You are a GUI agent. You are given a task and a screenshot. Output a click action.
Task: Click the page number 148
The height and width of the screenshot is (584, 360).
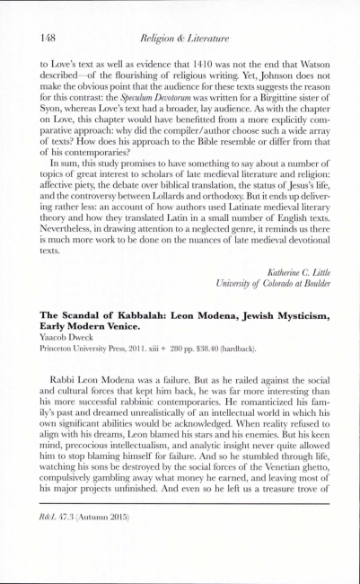coord(50,36)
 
